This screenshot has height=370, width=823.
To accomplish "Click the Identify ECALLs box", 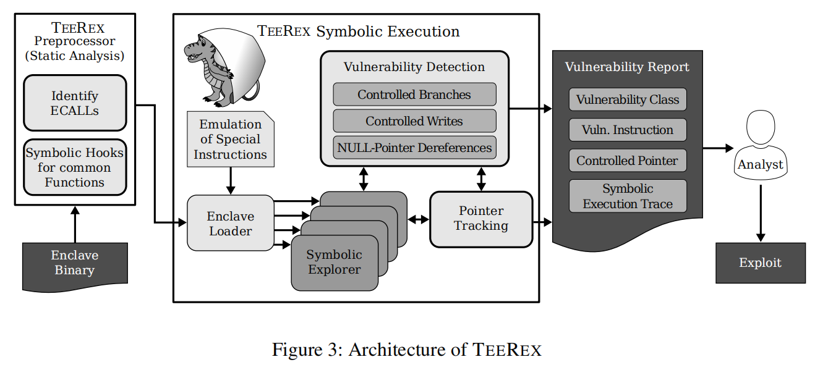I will pos(75,103).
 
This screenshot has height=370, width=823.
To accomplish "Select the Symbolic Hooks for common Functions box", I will pos(75,167).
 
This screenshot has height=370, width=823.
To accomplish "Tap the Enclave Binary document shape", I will pos(75,264).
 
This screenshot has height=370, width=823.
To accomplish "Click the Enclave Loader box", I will pos(230,223).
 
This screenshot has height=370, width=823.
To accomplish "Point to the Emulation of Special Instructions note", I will pos(230,140).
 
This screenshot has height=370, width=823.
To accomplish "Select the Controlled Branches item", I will pos(414,95).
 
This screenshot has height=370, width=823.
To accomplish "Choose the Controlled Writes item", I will pos(414,121).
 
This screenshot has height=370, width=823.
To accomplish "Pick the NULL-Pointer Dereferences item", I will pos(414,148).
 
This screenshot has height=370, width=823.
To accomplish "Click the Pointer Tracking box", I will pos(480,219).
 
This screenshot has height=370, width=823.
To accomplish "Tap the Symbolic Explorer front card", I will pos(335,263).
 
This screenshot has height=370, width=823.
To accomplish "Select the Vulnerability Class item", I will pos(627,99).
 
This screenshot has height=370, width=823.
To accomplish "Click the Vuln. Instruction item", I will pos(627,130).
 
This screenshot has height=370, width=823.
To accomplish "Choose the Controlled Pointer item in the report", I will pos(627,161).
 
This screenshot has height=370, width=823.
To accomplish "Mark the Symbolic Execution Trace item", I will pos(627,196).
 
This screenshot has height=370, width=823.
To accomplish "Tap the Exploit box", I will pos(760,263).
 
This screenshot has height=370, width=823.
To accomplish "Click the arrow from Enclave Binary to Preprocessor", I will pos(75,224).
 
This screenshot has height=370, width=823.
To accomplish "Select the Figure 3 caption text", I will pos(406,350).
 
